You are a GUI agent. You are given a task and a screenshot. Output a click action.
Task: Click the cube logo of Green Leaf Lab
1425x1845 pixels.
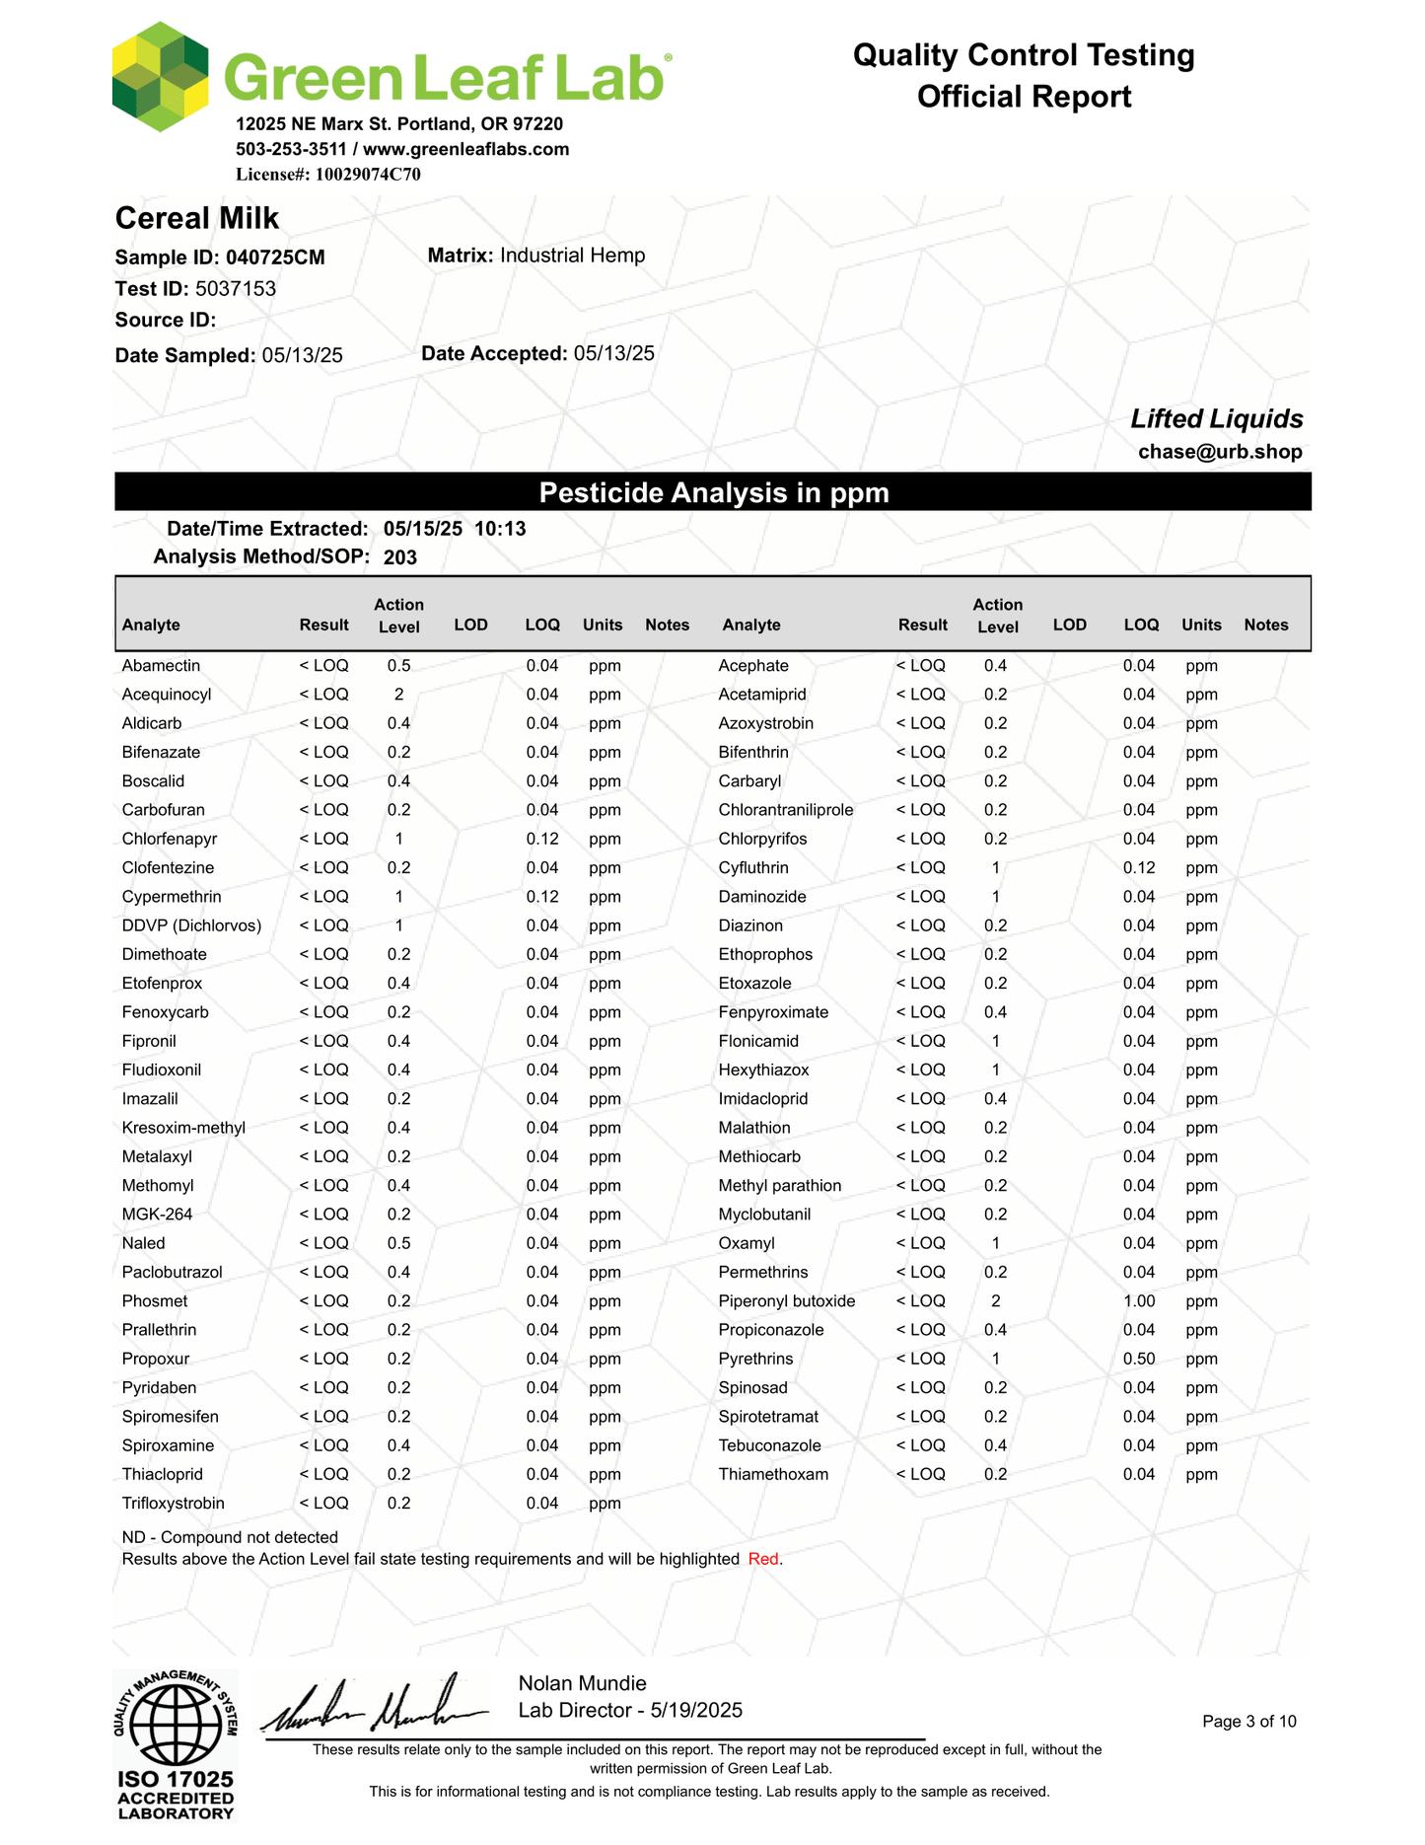click(160, 76)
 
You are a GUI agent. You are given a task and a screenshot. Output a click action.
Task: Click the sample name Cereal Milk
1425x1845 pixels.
click(197, 218)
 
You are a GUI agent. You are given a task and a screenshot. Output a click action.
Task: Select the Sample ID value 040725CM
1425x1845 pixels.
click(275, 258)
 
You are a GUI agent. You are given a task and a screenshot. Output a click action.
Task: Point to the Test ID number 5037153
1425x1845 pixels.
click(236, 289)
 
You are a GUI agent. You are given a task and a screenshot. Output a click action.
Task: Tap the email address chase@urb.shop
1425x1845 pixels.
click(1220, 452)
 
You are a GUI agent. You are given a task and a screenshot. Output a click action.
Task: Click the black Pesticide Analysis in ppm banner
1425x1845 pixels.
click(713, 492)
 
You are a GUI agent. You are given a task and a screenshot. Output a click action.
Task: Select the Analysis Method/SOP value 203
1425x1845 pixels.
click(400, 557)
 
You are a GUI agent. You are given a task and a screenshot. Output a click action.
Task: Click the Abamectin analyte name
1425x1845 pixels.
click(161, 666)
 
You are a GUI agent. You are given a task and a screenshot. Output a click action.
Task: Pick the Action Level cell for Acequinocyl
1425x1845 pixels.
click(398, 695)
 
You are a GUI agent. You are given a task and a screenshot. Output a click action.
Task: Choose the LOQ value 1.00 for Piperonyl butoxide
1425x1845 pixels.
click(1139, 1301)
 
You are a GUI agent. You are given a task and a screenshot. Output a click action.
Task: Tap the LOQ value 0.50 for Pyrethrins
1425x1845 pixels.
click(1139, 1360)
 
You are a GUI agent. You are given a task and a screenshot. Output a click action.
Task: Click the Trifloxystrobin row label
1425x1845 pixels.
click(173, 1504)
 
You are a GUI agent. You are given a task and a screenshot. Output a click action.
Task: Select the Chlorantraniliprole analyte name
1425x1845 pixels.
click(786, 810)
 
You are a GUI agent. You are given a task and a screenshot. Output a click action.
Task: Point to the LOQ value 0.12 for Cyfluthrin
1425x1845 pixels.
click(1139, 868)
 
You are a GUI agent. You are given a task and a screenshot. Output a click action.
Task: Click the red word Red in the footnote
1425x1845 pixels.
click(763, 1560)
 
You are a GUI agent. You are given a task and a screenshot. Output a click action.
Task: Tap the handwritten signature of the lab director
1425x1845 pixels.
click(375, 1707)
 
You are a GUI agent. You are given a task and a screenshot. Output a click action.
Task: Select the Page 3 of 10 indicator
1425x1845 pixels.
click(1249, 1722)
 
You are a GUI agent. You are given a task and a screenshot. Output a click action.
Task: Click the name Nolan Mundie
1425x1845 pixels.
click(582, 1683)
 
